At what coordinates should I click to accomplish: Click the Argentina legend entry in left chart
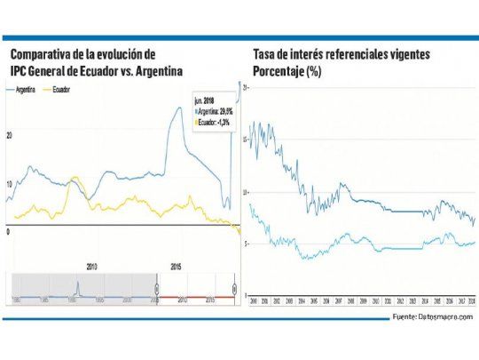pyautogui.click(x=27, y=90)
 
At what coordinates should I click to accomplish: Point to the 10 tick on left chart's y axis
pyautogui.click(x=9, y=183)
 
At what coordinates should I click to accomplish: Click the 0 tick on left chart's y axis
pyautogui.click(x=8, y=230)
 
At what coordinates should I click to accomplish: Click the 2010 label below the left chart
pyautogui.click(x=91, y=264)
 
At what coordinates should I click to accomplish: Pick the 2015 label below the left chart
pyautogui.click(x=177, y=264)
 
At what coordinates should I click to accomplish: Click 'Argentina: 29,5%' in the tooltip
pyautogui.click(x=213, y=112)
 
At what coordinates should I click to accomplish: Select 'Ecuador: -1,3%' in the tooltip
pyautogui.click(x=212, y=122)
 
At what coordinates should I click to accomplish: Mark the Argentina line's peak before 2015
pyautogui.click(x=180, y=108)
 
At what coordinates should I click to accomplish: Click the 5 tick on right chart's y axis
pyautogui.click(x=245, y=242)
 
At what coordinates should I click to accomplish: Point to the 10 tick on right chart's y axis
pyautogui.click(x=245, y=191)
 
